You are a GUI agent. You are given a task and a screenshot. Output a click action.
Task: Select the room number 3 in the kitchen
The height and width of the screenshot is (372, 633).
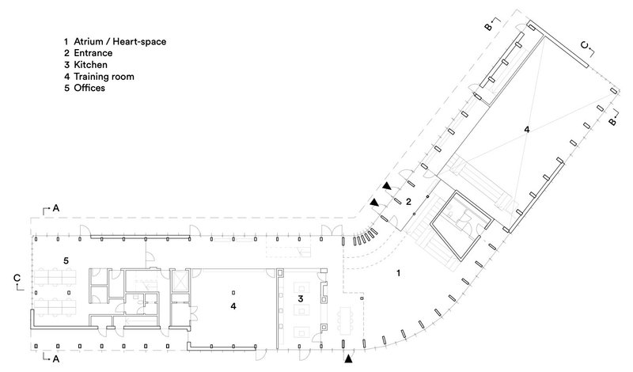[x=301, y=299]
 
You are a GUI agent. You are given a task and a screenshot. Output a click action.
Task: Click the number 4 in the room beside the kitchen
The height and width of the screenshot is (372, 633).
[x=233, y=305]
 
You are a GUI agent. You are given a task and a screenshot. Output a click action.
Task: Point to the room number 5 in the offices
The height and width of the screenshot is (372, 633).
[x=66, y=260]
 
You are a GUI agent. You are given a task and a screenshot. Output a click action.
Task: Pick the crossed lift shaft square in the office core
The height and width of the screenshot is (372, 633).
[x=177, y=282]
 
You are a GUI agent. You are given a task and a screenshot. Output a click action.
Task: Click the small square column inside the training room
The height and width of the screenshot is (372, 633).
[x=279, y=273]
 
